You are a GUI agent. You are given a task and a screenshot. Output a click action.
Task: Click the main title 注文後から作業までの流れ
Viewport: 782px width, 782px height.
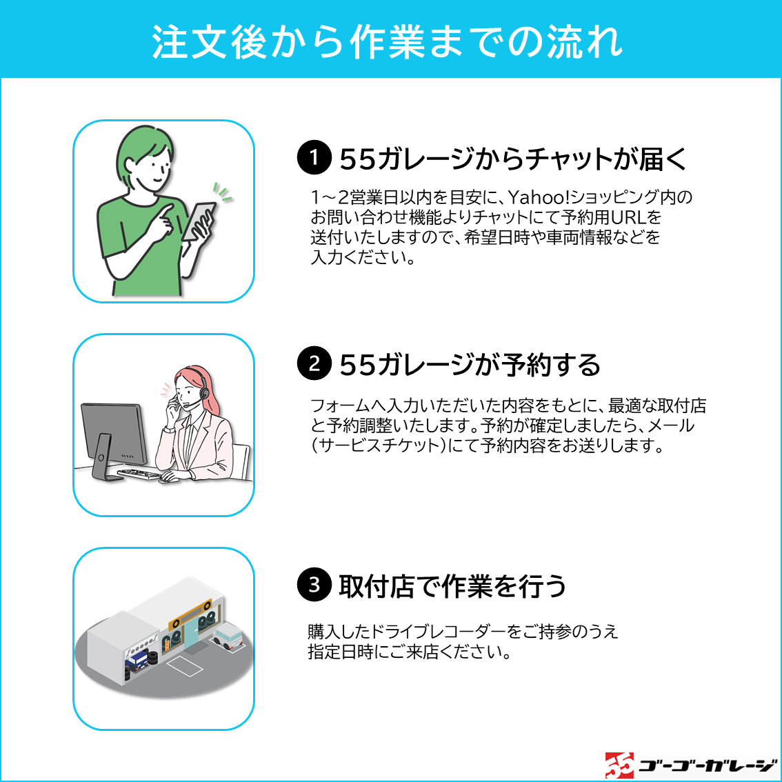point(388,41)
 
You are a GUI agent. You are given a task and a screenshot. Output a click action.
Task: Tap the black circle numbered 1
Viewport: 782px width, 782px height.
point(314,157)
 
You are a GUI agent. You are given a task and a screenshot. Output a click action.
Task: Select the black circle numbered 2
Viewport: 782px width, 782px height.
point(314,363)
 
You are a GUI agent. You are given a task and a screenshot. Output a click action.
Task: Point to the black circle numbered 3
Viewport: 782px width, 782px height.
point(314,584)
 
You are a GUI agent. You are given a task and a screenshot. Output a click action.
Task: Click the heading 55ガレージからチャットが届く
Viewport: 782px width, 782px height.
point(513,159)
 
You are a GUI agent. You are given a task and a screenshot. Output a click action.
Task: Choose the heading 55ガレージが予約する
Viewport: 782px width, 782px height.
point(470,365)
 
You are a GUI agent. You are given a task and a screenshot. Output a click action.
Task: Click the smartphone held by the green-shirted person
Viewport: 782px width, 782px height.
point(198,221)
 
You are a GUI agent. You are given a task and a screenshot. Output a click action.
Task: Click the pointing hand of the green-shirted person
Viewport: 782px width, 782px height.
point(163,223)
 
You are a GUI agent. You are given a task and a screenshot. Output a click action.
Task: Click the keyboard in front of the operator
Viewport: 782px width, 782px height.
point(139,473)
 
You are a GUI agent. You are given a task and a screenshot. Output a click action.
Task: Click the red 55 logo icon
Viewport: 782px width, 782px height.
point(619,765)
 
